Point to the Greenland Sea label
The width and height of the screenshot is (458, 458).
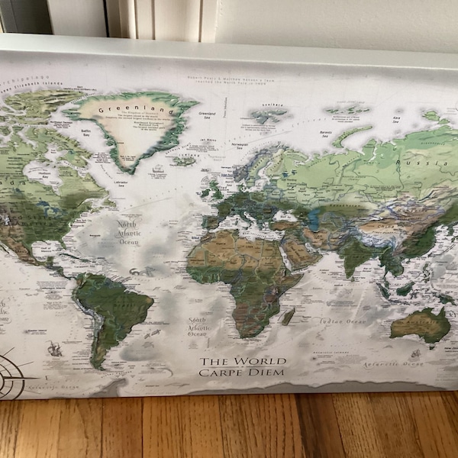point(206,115)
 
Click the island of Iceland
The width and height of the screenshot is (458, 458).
point(184,160)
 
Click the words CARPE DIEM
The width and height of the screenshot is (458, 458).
point(242,372)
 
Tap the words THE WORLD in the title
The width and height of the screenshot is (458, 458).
point(243,360)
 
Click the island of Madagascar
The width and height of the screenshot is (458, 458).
point(288,315)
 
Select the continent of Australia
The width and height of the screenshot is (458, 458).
point(420,323)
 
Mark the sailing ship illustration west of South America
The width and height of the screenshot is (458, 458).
point(54,348)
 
